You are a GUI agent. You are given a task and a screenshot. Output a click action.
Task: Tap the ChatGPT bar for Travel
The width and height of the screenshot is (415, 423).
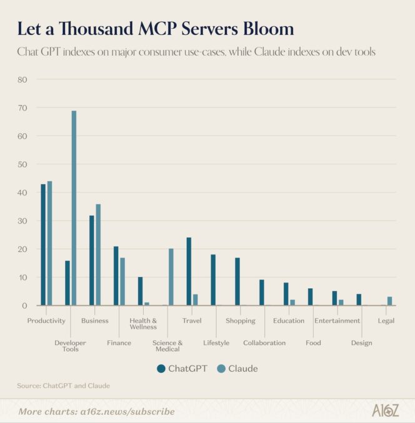coord(189,271)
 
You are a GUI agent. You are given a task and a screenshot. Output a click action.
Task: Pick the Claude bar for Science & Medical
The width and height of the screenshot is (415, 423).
coord(171,277)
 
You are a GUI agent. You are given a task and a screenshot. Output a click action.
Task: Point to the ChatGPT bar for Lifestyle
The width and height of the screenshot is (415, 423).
coord(213,280)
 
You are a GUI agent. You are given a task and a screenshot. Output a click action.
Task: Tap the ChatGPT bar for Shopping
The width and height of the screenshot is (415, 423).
coord(237,281)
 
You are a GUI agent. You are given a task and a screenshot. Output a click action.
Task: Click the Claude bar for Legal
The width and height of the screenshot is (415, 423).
coord(389,301)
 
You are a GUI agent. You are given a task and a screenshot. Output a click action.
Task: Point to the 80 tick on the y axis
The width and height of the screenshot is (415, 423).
coord(22,80)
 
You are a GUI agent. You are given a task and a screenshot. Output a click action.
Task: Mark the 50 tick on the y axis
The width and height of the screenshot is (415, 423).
coord(22,164)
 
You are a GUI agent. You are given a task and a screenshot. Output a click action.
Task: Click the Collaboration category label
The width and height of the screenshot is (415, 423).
coord(264,343)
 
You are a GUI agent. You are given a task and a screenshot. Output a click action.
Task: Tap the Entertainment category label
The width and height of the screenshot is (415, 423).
coord(337,321)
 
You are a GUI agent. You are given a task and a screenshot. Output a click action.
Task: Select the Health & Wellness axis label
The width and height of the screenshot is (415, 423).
coord(143,324)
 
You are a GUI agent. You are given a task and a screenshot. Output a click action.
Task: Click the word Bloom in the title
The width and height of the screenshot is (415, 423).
coord(264,29)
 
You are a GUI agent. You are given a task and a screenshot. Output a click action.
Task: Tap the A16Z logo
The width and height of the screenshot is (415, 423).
coord(385,411)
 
